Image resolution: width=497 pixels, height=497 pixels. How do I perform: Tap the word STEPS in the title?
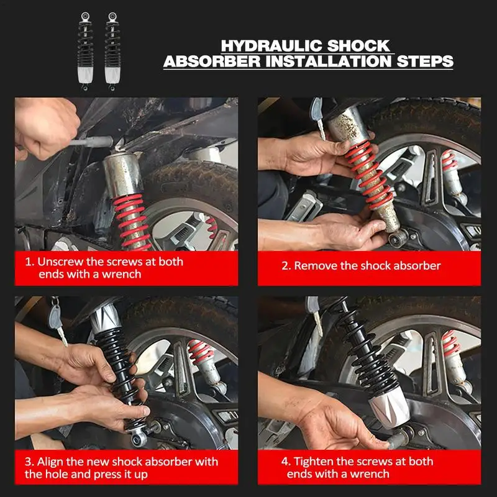tap(425, 61)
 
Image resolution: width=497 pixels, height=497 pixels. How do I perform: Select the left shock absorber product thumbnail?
tap(85, 52)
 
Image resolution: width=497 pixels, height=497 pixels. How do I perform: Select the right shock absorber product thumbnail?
tap(112, 52)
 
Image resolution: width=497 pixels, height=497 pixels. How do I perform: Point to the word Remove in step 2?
tap(316, 266)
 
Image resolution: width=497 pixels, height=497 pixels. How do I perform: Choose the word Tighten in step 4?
tap(313, 462)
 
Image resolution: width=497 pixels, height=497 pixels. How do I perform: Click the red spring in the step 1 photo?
tap(132, 222)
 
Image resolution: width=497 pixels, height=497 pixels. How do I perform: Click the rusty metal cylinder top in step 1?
tap(122, 175)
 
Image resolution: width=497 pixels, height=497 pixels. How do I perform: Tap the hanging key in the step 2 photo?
tap(318, 117)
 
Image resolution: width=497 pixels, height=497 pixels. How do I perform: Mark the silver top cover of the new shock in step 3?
tap(105, 316)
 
